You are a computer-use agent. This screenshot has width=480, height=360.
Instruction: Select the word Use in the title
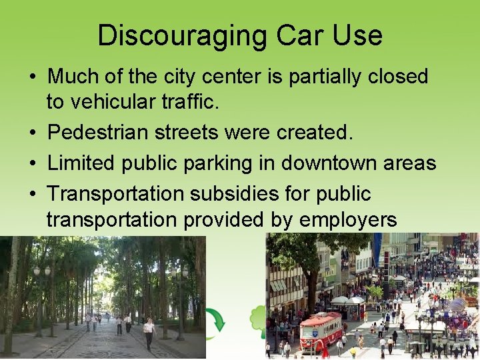click(357, 35)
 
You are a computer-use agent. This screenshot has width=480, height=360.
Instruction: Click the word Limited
click(79, 163)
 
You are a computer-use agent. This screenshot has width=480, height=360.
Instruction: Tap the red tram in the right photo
click(321, 331)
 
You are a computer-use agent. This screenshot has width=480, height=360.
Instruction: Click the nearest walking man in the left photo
click(149, 333)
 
